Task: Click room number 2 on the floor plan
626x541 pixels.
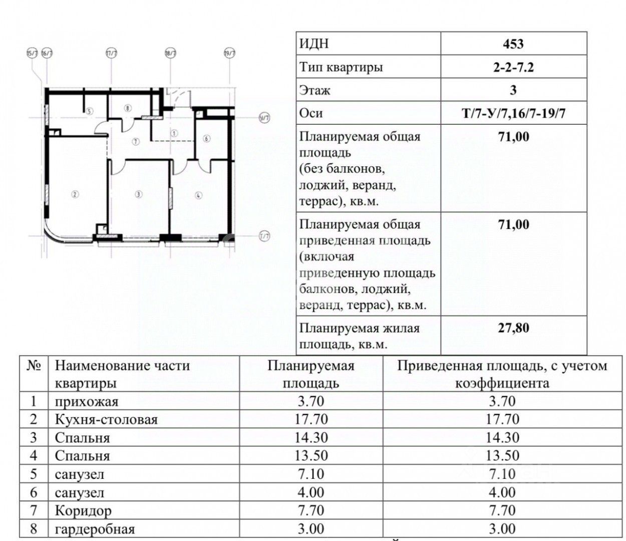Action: [75, 194]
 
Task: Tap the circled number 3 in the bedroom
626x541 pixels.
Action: [139, 194]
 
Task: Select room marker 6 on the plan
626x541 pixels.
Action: [206, 139]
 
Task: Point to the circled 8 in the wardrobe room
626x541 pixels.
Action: [128, 108]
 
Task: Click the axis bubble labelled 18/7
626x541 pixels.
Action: [170, 53]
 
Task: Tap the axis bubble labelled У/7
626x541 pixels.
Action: [264, 118]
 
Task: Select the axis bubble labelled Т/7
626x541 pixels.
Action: [264, 236]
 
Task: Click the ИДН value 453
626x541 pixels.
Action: [513, 44]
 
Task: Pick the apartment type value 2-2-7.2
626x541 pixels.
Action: [513, 67]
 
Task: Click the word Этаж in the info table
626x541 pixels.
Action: [315, 91]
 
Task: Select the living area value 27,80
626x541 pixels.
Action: [513, 329]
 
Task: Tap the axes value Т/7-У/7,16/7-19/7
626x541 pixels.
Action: [513, 113]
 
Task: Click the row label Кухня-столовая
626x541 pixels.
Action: [106, 419]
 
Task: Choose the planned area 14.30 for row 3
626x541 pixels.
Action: [311, 437]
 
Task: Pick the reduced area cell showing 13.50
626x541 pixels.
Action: [501, 456]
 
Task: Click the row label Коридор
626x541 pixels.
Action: [83, 511]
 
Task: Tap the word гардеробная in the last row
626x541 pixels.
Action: [95, 529]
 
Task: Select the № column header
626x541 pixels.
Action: [34, 366]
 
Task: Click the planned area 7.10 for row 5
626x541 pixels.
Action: [311, 474]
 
